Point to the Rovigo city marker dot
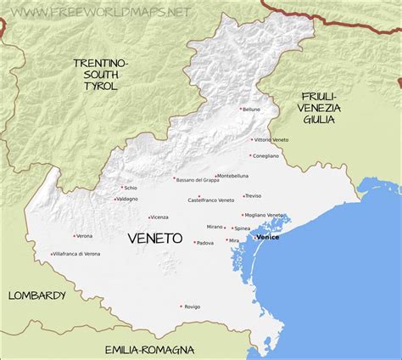click(181, 306)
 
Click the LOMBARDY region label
click(36, 295)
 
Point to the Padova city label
click(204, 243)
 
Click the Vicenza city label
click(159, 217)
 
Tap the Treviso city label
click(254, 195)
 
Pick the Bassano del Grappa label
click(198, 179)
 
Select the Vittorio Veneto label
click(271, 139)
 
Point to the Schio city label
click(131, 188)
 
